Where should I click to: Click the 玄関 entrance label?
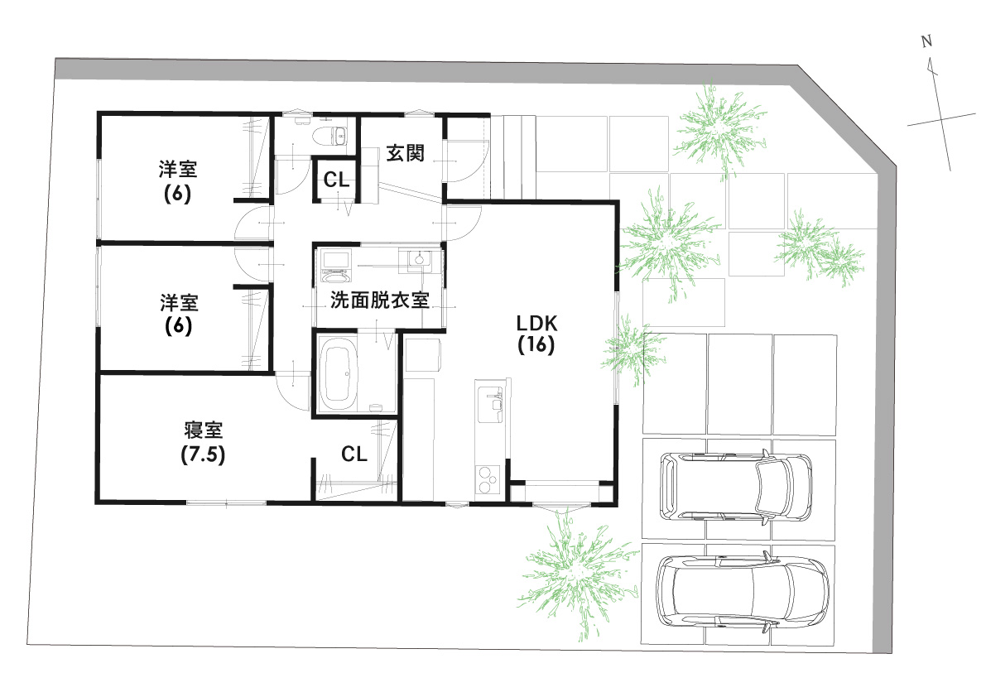(x=406, y=154)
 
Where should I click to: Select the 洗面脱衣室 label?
(x=379, y=300)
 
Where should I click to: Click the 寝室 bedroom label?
(x=203, y=430)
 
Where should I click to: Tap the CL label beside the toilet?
(x=336, y=180)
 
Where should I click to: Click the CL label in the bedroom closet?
(x=354, y=454)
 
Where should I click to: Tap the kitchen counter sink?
(x=494, y=401)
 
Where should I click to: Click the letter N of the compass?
(x=927, y=41)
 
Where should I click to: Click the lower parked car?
(x=741, y=590)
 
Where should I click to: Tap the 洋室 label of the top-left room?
(x=178, y=171)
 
